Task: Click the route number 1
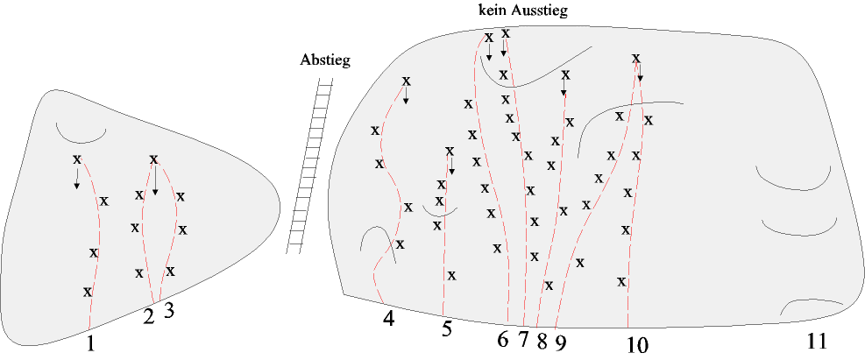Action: pyautogui.click(x=90, y=344)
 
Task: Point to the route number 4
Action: pyautogui.click(x=389, y=319)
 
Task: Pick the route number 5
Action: pyautogui.click(x=446, y=329)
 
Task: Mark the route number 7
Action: pyautogui.click(x=523, y=339)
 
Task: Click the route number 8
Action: pyautogui.click(x=542, y=340)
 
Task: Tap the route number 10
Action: pyautogui.click(x=637, y=345)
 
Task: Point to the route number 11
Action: pyautogui.click(x=817, y=341)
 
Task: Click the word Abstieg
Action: pyautogui.click(x=324, y=60)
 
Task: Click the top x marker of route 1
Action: pyautogui.click(x=77, y=159)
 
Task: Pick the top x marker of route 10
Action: pyautogui.click(x=635, y=60)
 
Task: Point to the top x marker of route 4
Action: pyautogui.click(x=406, y=81)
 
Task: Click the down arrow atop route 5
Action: pyautogui.click(x=451, y=166)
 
